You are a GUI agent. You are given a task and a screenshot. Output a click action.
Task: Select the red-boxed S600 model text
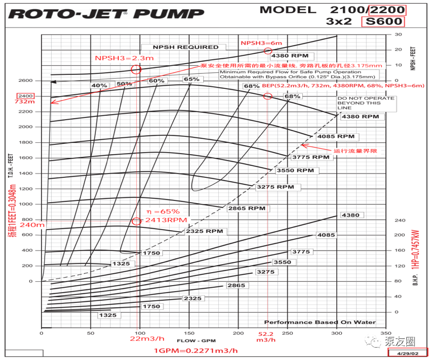point(383,22)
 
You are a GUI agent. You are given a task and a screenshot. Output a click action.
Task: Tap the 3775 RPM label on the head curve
point(310,157)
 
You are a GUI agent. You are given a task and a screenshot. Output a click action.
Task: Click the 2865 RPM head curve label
point(246,208)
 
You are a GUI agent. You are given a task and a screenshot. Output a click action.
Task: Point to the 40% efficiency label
point(99,85)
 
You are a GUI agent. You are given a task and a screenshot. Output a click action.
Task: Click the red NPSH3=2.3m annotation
point(117,58)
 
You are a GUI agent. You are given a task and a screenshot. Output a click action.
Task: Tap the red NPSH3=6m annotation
point(261,43)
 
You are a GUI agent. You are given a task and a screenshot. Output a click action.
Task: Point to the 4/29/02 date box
point(407,353)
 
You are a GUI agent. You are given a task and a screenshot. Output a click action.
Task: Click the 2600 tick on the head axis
point(26,80)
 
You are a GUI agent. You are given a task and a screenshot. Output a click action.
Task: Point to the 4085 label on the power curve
point(326,236)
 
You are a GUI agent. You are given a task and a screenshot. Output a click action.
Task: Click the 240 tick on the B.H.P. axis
point(399,220)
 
